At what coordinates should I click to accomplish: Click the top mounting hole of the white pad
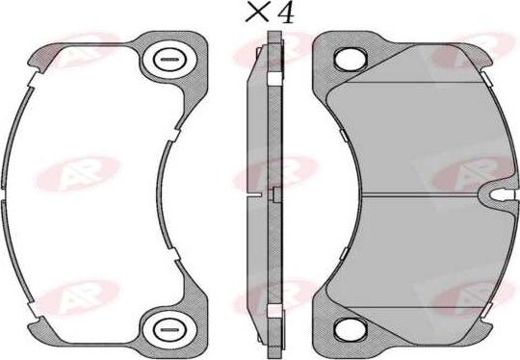pyautogui.click(x=167, y=62)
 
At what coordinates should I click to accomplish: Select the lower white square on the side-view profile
pyautogui.click(x=274, y=310)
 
